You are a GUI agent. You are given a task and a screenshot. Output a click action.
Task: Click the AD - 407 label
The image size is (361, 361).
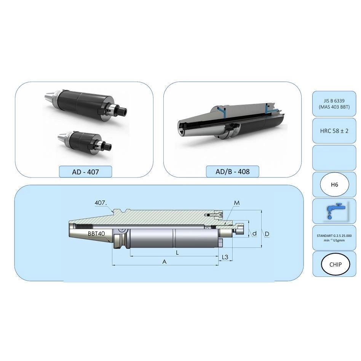[85, 172]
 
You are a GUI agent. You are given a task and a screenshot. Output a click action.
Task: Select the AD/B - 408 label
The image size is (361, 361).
[233, 171]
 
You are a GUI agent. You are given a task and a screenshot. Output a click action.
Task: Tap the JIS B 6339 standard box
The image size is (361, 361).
[334, 104]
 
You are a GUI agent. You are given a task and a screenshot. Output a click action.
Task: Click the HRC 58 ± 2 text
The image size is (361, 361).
[334, 131]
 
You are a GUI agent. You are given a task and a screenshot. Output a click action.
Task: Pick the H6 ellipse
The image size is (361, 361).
[334, 184]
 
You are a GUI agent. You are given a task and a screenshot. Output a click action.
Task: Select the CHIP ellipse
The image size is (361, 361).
[335, 264]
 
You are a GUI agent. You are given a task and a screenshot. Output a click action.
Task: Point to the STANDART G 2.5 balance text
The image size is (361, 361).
[334, 238]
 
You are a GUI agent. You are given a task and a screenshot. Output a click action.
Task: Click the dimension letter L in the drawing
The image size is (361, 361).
[177, 253]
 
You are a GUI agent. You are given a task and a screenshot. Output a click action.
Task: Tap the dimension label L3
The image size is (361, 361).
[225, 257]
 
